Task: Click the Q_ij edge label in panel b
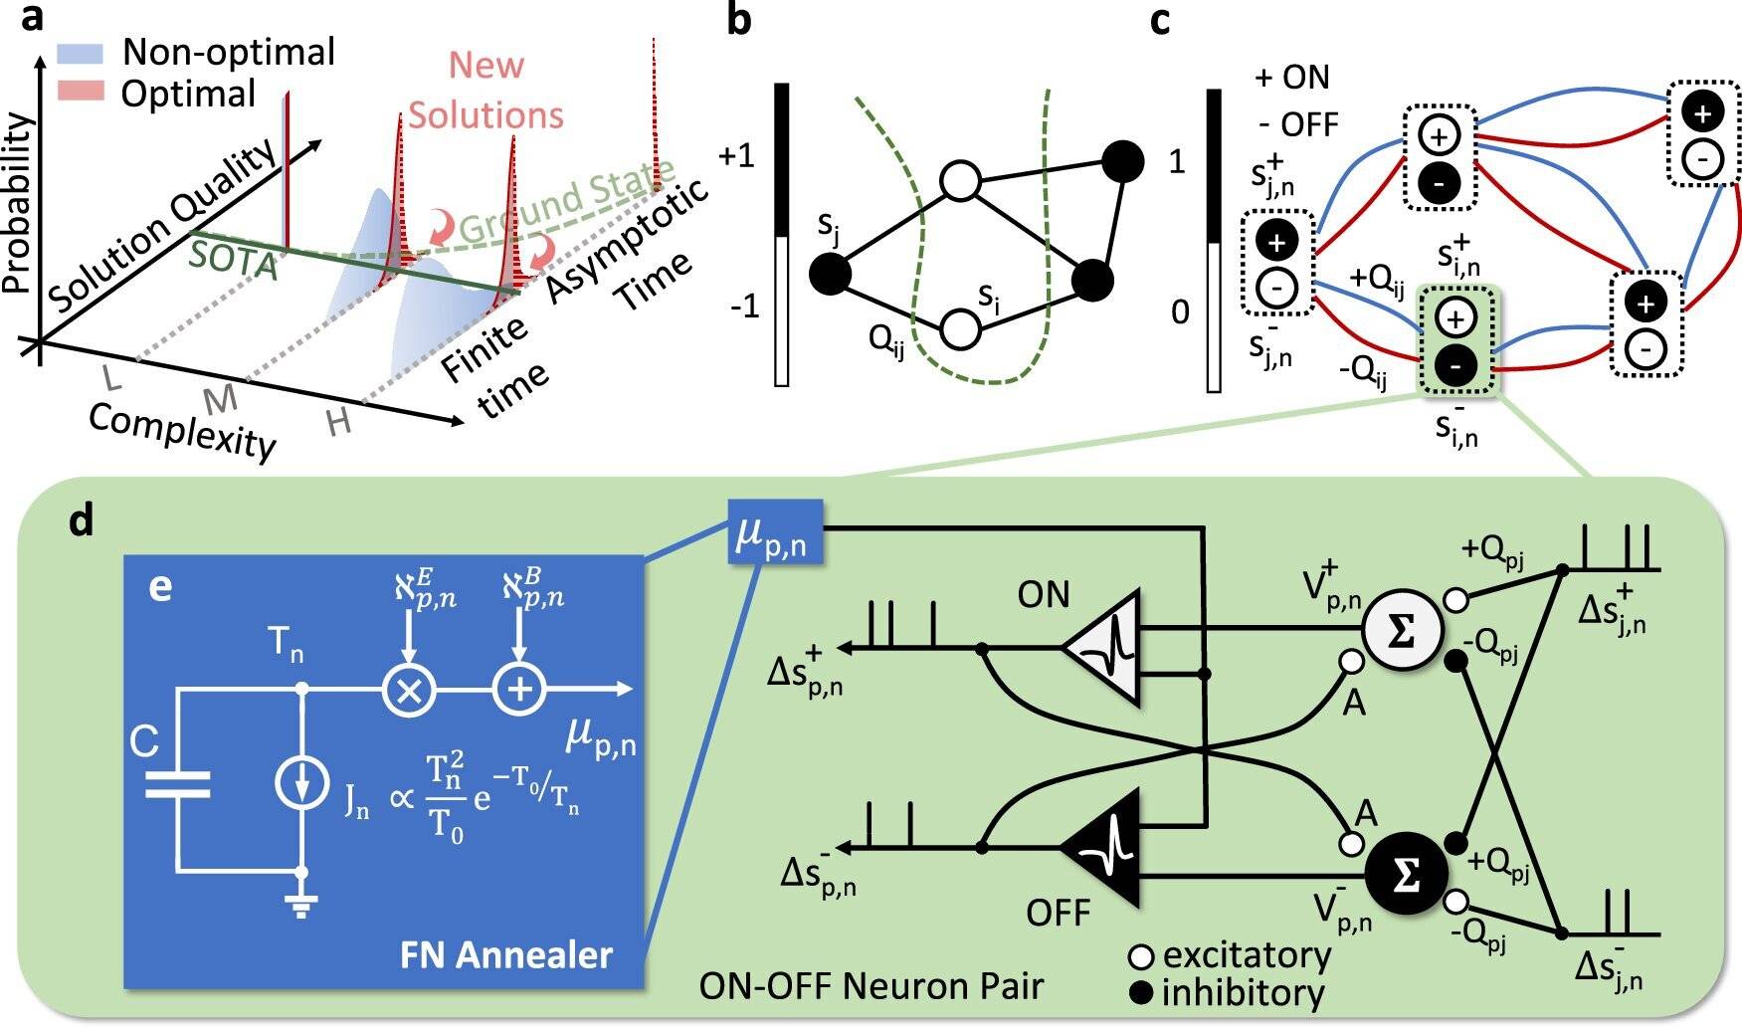[x=886, y=341]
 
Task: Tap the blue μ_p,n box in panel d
[x=775, y=531]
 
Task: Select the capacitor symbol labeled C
[x=178, y=784]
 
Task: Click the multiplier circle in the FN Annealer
[x=409, y=689]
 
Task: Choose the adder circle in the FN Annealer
[x=519, y=689]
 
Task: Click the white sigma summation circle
[x=1401, y=631]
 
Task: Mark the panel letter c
[x=1160, y=20]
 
